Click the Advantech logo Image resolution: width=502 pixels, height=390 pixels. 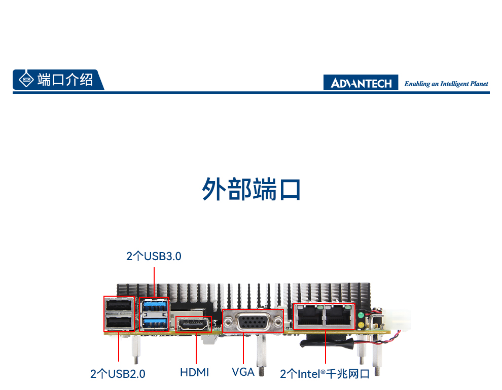click(361, 82)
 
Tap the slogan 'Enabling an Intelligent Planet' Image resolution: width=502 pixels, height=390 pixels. click(446, 84)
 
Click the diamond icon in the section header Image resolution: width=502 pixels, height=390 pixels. click(26, 80)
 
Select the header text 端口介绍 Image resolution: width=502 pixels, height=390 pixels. click(65, 80)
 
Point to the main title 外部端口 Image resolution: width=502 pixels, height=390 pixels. click(252, 189)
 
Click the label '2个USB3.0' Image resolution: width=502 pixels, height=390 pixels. click(154, 256)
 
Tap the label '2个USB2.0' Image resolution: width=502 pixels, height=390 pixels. click(118, 374)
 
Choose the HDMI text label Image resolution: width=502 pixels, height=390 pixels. click(194, 372)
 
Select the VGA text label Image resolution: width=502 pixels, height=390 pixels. click(243, 372)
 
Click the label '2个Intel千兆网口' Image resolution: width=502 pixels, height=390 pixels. click(325, 374)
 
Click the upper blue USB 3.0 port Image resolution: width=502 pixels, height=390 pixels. click(155, 306)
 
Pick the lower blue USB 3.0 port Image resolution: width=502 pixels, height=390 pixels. click(155, 323)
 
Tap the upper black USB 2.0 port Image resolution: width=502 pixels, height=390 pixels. click(119, 305)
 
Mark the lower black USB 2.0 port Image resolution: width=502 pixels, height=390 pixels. click(119, 323)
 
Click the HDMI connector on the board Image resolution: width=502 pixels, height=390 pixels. click(193, 325)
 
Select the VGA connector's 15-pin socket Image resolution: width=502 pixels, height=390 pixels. click(253, 322)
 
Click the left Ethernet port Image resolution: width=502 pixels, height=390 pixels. click(309, 315)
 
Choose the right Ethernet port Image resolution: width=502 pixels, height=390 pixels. click(338, 315)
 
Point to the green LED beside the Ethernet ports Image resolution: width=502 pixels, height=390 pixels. click(361, 315)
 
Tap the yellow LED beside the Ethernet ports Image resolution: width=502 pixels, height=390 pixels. click(361, 325)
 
